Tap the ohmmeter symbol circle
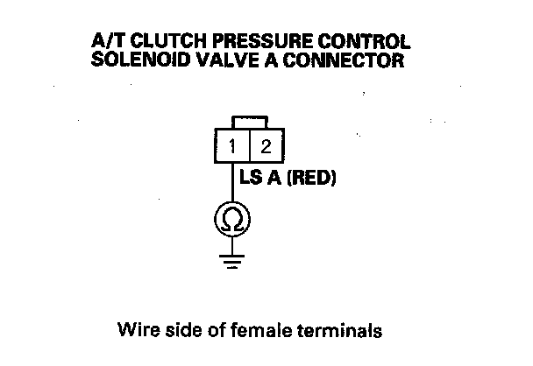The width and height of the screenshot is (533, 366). [x=232, y=218]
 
